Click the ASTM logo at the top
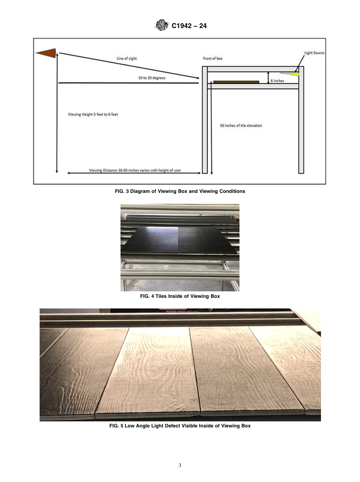pos(161,26)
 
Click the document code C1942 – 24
pos(189,26)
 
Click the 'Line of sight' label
pos(127,59)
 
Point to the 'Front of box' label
pos(213,58)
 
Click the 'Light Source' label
pos(314,53)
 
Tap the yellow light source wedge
pos(292,73)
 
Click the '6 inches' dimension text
pos(277,81)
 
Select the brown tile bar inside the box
pos(236,81)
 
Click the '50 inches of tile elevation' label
pos(241,125)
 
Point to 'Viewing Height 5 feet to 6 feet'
pos(93,114)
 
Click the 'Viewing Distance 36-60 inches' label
pos(135,171)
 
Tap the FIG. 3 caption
pos(180,191)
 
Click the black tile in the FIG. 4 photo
pos(178,239)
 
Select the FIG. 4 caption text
pos(180,296)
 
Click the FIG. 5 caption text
pos(180,426)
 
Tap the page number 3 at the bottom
pos(180,466)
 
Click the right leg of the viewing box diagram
pos(301,129)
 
